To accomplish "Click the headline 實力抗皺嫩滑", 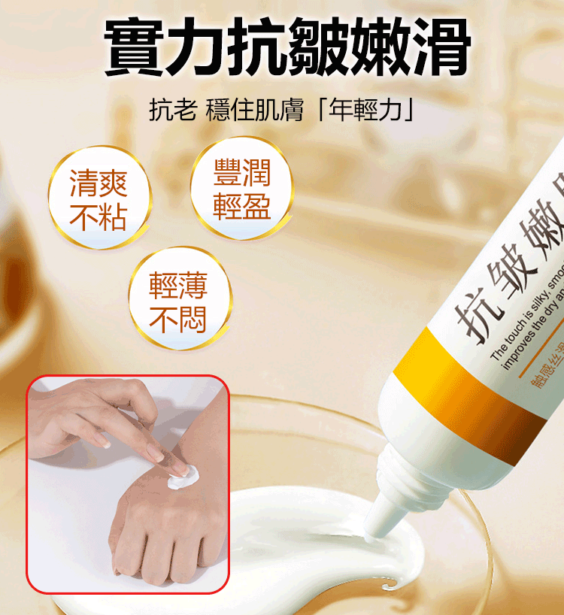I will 287,47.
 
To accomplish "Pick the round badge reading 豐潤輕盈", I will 241,188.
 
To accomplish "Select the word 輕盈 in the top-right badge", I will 241,206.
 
